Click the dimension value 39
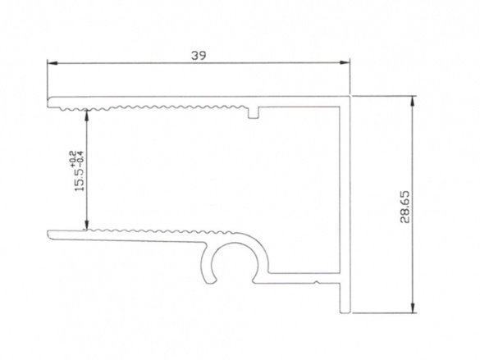click(x=197, y=56)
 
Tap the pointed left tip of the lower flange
click(x=49, y=236)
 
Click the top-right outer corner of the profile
click(x=351, y=98)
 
